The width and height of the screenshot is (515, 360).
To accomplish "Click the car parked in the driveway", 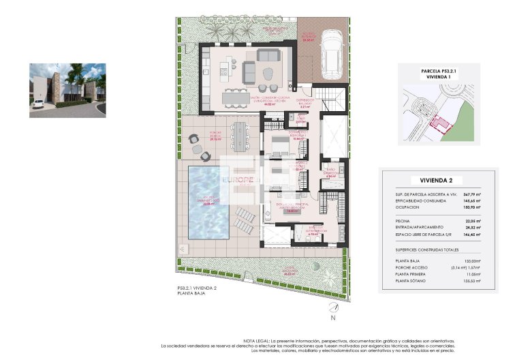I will (x=332, y=43).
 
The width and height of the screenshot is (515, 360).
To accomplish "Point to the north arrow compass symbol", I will (x=332, y=308).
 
